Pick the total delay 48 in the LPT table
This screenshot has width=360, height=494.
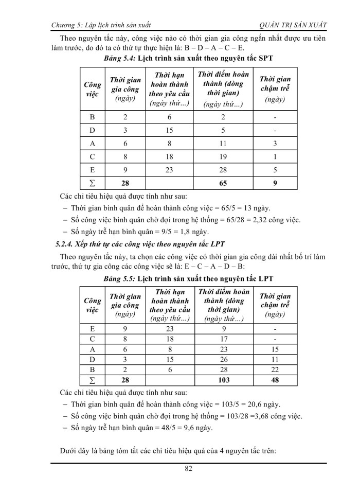pos(275,380)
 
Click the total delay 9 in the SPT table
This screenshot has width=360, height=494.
pos(275,182)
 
